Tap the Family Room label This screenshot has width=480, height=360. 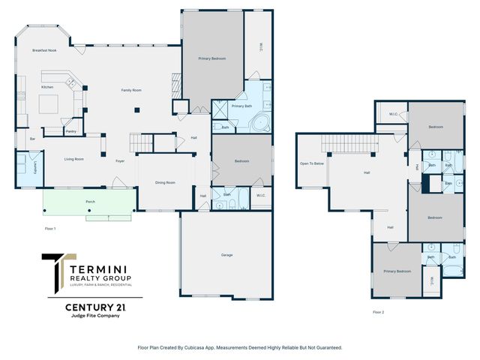click(x=132, y=90)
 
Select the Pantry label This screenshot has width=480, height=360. click(x=71, y=131)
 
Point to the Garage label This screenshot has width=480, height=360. click(x=226, y=255)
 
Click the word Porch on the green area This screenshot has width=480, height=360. click(x=90, y=202)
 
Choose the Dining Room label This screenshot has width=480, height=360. click(x=165, y=182)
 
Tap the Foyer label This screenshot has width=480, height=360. click(x=120, y=160)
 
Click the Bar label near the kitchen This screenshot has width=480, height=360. click(x=32, y=139)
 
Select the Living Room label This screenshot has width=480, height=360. click(x=73, y=159)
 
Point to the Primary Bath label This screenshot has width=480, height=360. click(x=241, y=106)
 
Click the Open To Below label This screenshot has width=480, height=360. click(x=312, y=163)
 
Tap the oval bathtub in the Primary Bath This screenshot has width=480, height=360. click(x=262, y=121)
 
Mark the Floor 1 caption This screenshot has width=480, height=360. click(x=50, y=227)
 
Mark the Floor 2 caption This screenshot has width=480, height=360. click(x=378, y=311)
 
